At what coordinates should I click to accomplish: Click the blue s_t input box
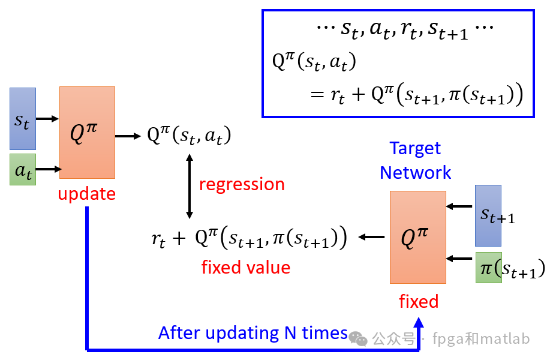coord(22,118)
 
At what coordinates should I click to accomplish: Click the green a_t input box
coord(22,170)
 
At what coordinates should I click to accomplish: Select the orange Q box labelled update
coord(87,132)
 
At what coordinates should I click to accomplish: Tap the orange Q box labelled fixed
coord(418,237)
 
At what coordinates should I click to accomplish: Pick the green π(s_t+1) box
coord(488,268)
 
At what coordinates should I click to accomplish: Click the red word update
coord(87,194)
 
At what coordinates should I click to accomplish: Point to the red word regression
coord(242,184)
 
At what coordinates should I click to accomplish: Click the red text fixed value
coord(246,267)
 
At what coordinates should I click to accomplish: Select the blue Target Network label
coord(415,160)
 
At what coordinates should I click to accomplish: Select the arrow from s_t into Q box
coord(47,119)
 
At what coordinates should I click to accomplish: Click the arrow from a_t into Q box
coord(49,170)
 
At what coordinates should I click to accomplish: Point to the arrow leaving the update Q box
coord(126,136)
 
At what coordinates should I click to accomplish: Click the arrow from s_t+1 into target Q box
coord(460,207)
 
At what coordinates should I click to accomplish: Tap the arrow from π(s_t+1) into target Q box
coord(460,259)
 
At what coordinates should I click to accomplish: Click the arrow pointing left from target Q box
coord(372,238)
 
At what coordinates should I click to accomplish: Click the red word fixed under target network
coord(419,301)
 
